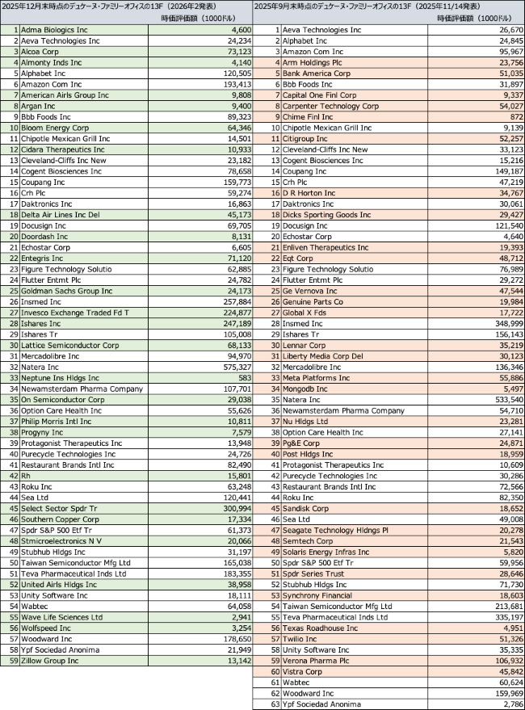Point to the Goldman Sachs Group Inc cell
(x=67, y=291)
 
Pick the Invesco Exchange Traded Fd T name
(x=75, y=312)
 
